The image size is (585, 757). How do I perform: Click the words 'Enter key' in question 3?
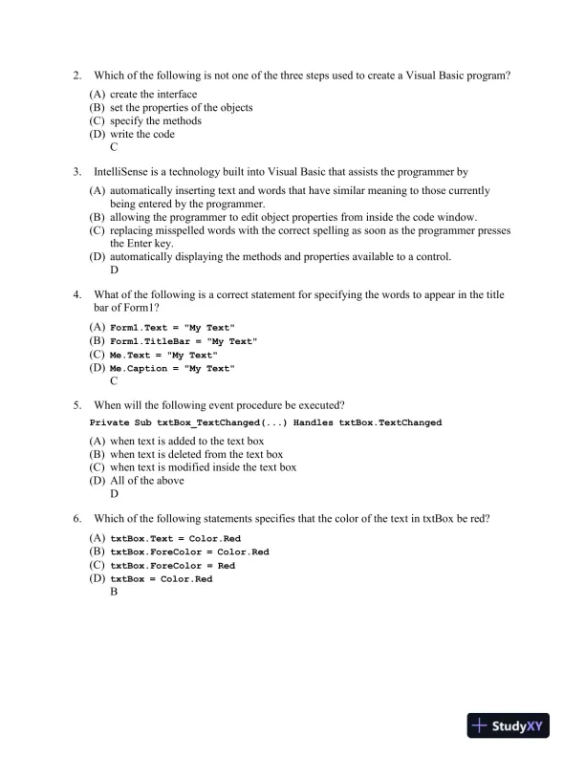[x=139, y=243]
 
